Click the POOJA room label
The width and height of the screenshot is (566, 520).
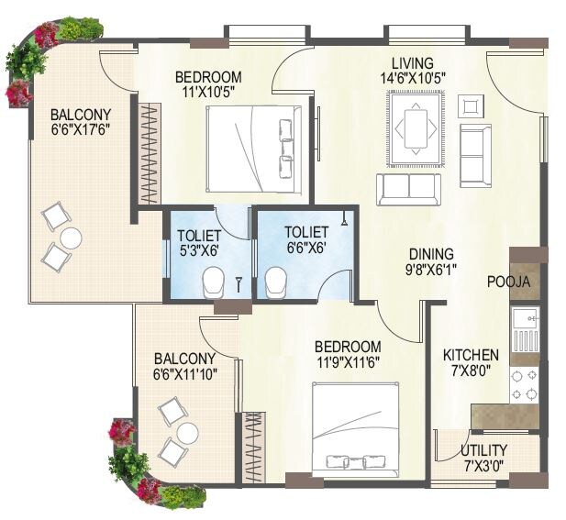click(x=509, y=282)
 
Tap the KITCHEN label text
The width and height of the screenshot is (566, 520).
click(x=471, y=355)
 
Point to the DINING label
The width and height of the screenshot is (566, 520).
click(x=430, y=255)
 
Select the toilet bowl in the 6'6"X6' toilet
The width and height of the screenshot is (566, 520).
click(x=276, y=282)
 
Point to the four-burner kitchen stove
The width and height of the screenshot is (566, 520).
click(x=524, y=384)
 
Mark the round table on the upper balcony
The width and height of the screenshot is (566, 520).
click(x=70, y=238)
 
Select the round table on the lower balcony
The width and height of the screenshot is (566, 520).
click(x=187, y=433)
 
